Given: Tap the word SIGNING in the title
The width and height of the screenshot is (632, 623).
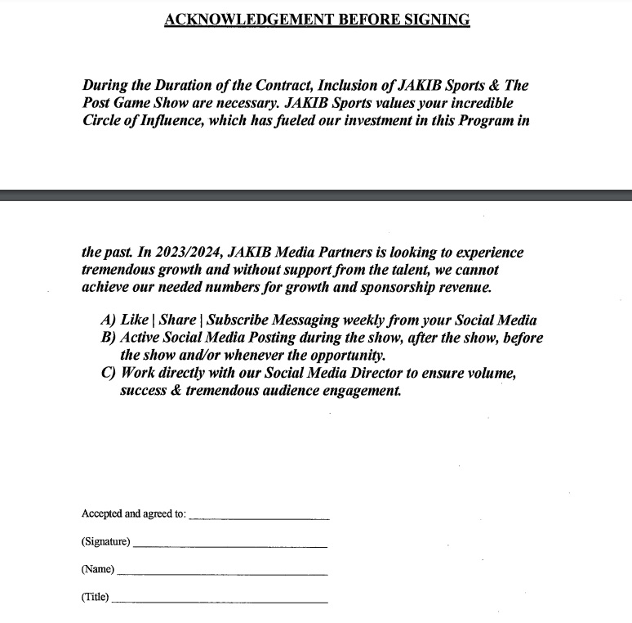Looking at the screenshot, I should coord(438,20).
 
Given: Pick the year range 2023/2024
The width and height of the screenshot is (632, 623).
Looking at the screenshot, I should coord(180,253).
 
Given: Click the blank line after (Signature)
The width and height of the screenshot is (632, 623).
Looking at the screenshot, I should coord(229,545).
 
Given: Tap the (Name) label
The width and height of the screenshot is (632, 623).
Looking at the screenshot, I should coord(98,569).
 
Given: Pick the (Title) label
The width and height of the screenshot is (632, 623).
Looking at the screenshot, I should coord(95,597).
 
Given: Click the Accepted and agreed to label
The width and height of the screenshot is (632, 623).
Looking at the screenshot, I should coord(134,514).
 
